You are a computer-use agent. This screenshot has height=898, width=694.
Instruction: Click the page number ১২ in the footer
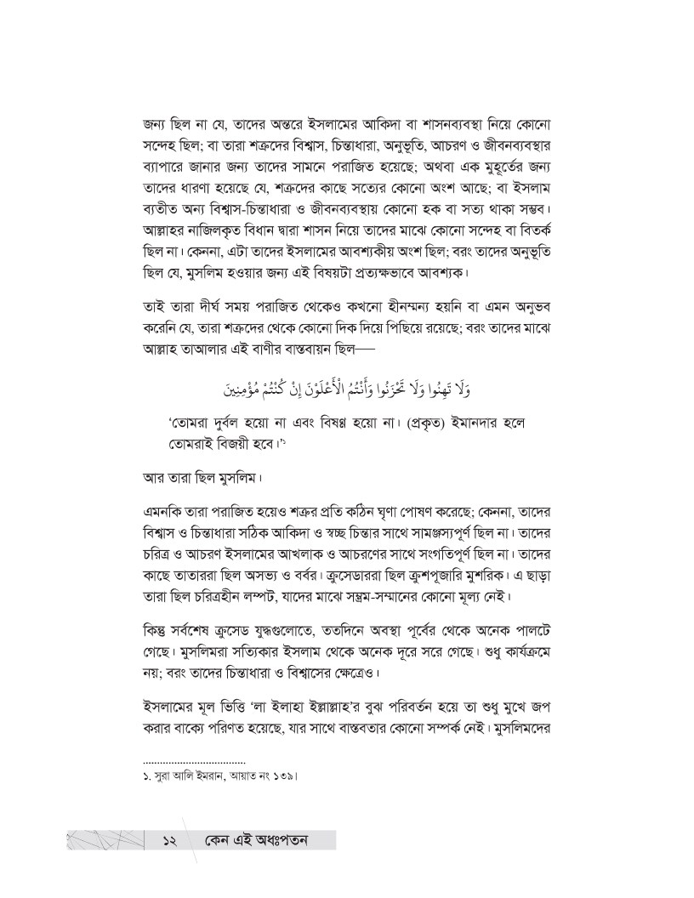168,842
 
